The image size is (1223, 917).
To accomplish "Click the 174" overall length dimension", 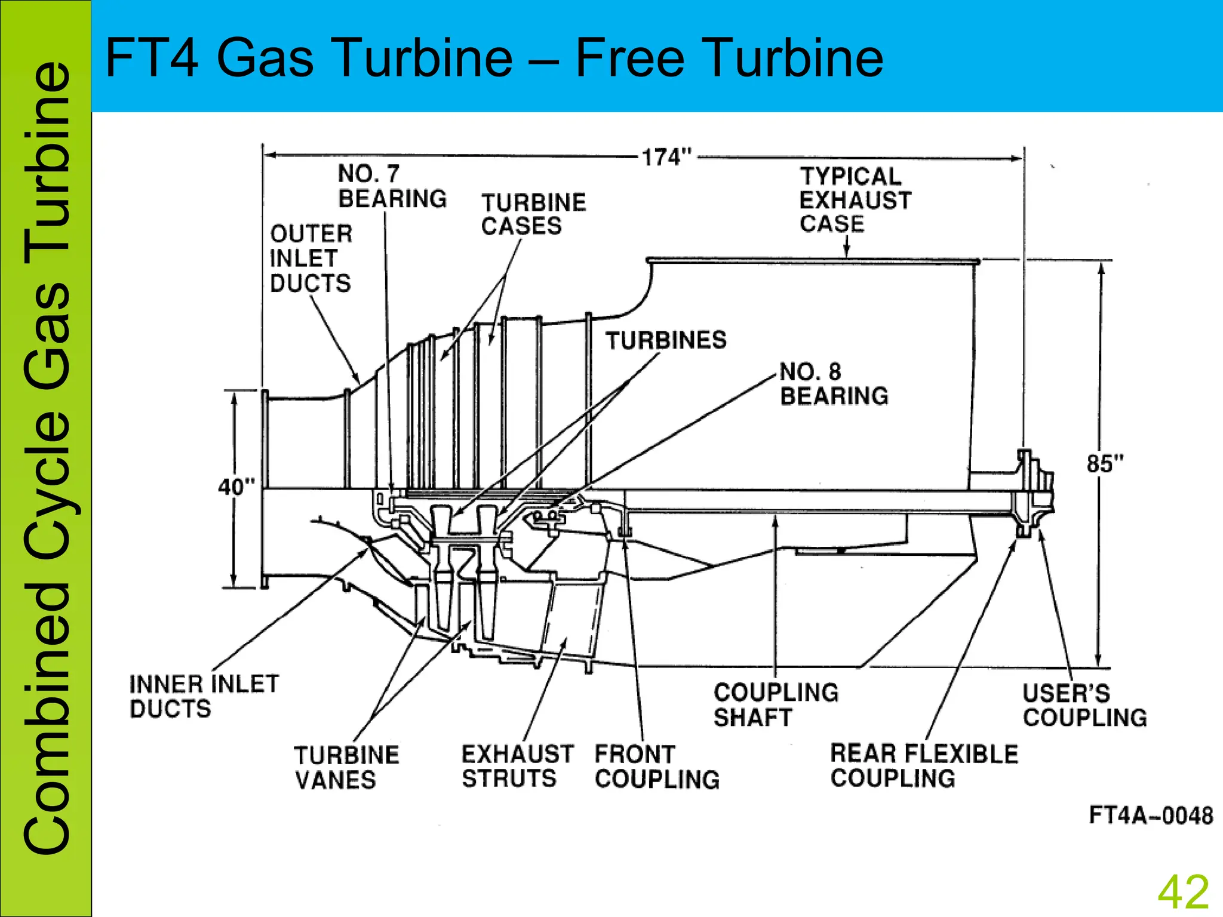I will click(x=666, y=158).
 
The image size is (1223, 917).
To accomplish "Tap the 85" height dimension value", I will click(x=1105, y=464).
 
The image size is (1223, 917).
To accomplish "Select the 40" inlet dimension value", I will click(x=236, y=487).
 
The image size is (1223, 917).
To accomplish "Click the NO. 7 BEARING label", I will click(x=392, y=186).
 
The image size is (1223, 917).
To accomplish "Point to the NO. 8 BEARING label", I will click(x=834, y=384).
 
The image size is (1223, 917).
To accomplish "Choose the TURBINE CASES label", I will click(x=533, y=214).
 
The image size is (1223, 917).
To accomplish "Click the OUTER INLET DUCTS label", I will click(x=311, y=259).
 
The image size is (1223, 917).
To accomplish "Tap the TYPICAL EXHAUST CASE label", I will click(x=855, y=200).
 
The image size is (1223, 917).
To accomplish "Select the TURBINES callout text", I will click(x=666, y=340).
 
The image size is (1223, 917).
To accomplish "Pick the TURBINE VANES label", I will click(x=346, y=768).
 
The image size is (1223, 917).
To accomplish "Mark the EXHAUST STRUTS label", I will click(x=517, y=766).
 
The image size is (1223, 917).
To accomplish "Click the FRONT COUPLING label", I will click(x=657, y=767).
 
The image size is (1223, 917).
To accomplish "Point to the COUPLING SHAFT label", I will click(x=776, y=705).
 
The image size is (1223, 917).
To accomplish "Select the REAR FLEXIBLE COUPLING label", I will click(x=924, y=766).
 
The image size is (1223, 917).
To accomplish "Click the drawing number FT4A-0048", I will click(x=1151, y=816).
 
